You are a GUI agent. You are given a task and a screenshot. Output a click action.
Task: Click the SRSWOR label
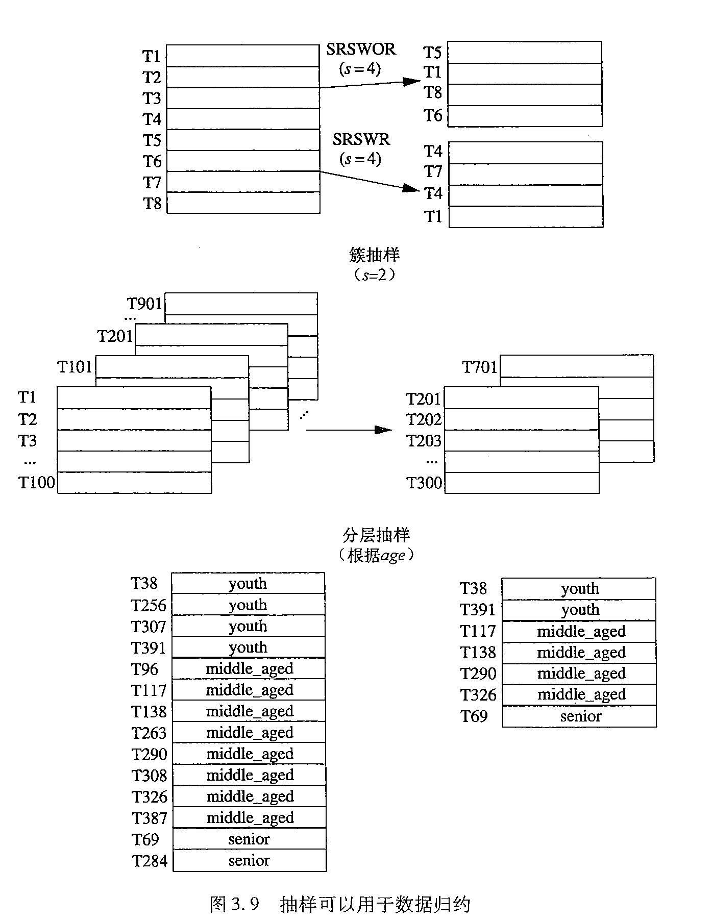click(x=361, y=49)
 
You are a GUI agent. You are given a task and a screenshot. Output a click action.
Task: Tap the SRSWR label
click(x=361, y=139)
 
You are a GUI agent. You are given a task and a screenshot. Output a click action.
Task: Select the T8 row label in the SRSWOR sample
click(x=433, y=93)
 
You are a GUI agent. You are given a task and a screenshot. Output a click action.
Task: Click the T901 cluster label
click(x=144, y=304)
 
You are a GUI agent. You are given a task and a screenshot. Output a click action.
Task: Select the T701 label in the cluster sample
click(x=479, y=367)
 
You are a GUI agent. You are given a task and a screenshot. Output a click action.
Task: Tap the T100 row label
click(x=36, y=482)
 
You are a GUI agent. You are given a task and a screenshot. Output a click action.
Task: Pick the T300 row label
click(x=424, y=482)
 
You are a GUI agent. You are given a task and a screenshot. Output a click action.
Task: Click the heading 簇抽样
click(x=375, y=254)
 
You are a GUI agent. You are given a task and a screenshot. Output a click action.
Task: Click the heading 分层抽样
click(x=376, y=535)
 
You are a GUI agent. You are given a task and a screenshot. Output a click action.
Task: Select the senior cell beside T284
click(x=249, y=861)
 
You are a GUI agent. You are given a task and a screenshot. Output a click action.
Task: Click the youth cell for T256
click(x=248, y=605)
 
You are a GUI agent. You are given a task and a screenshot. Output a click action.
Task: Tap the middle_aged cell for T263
click(x=250, y=733)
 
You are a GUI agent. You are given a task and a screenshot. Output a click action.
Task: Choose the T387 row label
click(x=149, y=818)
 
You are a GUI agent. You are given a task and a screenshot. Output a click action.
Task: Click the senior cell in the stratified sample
click(x=580, y=716)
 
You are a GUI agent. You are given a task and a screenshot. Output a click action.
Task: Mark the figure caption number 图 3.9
click(x=235, y=905)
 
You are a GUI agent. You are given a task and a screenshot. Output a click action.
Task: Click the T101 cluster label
click(x=75, y=367)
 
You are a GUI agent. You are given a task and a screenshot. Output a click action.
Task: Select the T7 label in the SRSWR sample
click(x=433, y=172)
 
